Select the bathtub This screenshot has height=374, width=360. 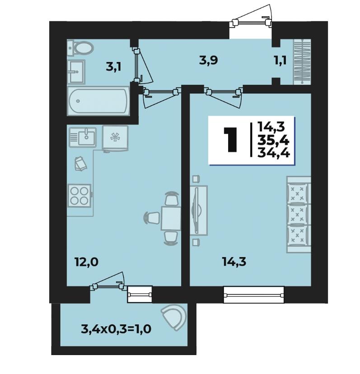pos(98,101)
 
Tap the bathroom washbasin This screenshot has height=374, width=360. pos(76,71)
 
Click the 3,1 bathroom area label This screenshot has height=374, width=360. pos(113,67)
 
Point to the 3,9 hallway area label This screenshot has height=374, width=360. pos(208,61)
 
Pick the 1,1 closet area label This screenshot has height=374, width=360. pos(280,61)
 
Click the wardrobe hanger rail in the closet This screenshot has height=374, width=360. pos(302,61)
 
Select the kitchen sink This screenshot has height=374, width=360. pos(83,137)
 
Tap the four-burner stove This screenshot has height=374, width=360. pos(79,195)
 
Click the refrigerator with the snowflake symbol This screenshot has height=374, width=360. pos(115,138)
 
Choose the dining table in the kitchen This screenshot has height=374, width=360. pos(171,218)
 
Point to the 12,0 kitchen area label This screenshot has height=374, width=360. pos(86,262)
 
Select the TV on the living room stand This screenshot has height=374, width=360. pos(196,210)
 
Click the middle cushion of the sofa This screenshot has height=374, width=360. pos(297,214)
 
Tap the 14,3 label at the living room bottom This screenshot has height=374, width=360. pos(234,262)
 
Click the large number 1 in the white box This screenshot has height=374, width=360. pos(231,140)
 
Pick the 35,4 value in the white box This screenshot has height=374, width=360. pos(273,140)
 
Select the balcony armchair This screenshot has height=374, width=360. pos(174,317)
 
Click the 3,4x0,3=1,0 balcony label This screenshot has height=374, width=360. pos(116,329)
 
